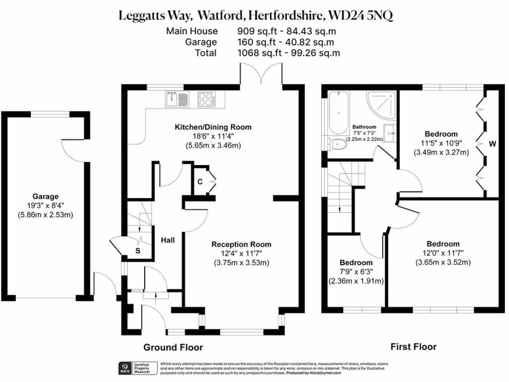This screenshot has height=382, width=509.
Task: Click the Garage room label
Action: (x=45, y=196)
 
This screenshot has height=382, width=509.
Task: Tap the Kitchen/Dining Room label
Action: (x=213, y=127)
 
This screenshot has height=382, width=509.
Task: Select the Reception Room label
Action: (x=241, y=244)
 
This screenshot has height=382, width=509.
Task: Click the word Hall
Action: (x=168, y=240)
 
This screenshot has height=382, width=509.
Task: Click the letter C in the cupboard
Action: (x=200, y=182)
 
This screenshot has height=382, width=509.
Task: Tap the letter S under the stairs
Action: (x=138, y=251)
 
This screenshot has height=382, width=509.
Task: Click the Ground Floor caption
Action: (x=173, y=347)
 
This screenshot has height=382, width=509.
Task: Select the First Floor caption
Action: (x=413, y=347)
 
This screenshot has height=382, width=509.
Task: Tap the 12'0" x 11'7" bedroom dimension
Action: (x=442, y=253)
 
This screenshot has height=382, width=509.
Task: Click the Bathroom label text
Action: (x=364, y=127)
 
